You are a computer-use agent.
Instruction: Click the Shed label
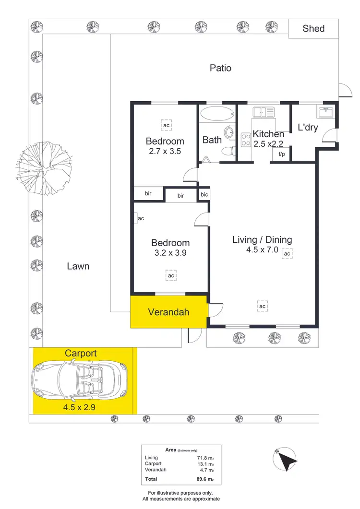313,28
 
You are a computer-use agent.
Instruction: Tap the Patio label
220,68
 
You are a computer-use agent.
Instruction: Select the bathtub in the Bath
216,115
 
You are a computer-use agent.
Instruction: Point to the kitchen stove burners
245,140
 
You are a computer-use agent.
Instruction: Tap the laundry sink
325,112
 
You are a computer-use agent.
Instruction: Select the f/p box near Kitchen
281,154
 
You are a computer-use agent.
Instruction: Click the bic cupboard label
204,194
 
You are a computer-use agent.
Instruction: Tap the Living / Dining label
262,240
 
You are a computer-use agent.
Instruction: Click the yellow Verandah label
168,312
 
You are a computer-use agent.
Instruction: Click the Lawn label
78,266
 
